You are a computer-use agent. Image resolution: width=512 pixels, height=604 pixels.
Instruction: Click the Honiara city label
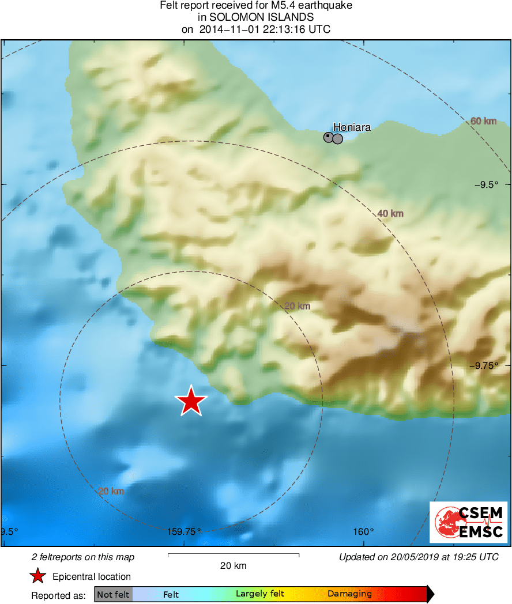(352, 127)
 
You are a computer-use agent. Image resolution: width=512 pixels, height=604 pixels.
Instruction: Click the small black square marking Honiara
(328, 137)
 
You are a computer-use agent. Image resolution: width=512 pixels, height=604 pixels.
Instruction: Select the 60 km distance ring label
(483, 121)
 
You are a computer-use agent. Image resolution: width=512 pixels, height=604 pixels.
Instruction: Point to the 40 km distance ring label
(390, 214)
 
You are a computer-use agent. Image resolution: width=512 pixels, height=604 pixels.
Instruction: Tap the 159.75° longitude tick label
(184, 532)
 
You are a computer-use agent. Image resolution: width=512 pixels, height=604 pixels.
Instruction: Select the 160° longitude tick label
(364, 532)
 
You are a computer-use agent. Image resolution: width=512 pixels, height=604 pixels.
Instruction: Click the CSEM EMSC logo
(468, 522)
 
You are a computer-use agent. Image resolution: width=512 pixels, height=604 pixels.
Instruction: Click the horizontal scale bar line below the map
(234, 555)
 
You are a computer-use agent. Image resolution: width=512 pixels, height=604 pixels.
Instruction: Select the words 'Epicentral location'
(92, 576)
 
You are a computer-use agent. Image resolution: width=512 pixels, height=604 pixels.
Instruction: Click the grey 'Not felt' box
(113, 594)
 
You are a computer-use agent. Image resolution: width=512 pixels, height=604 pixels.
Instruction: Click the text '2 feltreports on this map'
(83, 557)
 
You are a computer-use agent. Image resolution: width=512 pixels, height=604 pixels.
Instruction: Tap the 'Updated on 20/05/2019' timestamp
(419, 557)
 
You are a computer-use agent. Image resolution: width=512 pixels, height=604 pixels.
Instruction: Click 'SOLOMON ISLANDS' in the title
(256, 18)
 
